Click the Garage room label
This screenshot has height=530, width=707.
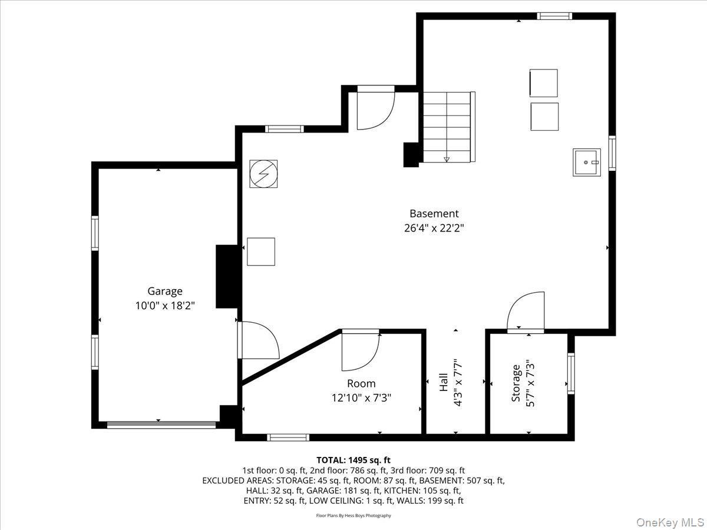click(x=164, y=291)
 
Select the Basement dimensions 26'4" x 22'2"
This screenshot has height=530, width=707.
click(x=434, y=228)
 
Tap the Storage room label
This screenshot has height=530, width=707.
click(x=516, y=383)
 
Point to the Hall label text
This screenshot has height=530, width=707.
click(x=444, y=383)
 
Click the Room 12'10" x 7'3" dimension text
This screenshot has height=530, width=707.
click(x=361, y=398)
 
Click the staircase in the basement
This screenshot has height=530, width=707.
click(x=448, y=127)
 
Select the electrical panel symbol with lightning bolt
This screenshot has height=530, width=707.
click(x=263, y=174)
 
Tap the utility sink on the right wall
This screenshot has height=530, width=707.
click(x=586, y=162)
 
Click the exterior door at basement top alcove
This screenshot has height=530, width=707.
click(x=375, y=108)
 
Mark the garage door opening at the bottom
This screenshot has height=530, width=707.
click(x=161, y=424)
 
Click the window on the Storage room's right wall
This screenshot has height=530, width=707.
click(x=570, y=373)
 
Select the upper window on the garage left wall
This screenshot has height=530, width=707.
click(x=95, y=233)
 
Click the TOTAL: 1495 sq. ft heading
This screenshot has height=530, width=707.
click(x=353, y=460)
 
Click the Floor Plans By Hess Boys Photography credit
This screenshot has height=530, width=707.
click(x=353, y=515)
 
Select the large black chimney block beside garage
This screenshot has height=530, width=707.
click(x=226, y=276)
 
